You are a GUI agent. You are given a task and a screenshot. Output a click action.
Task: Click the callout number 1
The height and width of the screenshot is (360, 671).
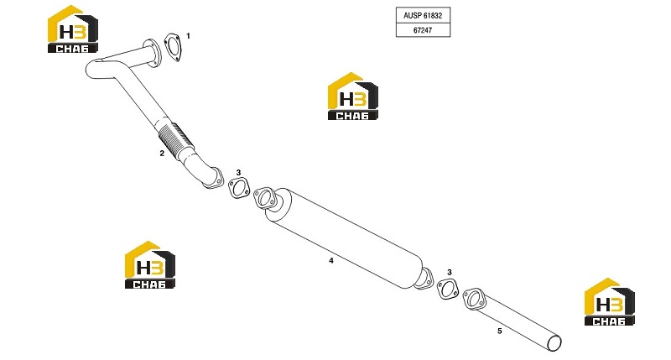point(188,36)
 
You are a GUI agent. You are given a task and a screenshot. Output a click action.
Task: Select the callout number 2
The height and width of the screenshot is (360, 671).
point(162,154)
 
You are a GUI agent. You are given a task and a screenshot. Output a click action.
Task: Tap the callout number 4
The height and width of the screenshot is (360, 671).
point(330,260)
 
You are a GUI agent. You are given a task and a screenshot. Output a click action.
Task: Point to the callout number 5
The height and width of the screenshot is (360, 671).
point(499,331)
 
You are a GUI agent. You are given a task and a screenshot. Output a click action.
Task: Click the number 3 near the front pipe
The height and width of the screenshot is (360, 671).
point(238,173)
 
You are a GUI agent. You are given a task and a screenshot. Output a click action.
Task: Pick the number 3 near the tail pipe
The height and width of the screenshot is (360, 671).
point(450,272)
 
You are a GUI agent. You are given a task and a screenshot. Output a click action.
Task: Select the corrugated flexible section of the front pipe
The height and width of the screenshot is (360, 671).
point(174,139)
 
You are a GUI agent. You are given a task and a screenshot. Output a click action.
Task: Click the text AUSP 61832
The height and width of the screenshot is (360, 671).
point(423,15)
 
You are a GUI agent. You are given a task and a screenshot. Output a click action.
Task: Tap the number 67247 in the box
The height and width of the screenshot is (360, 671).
point(423,30)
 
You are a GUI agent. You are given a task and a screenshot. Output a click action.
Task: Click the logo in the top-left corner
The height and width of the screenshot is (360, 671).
point(73,29)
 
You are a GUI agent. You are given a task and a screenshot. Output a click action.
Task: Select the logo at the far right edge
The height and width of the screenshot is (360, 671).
point(610,302)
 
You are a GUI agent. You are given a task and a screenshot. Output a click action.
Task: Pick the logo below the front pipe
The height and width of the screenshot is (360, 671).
point(150,265)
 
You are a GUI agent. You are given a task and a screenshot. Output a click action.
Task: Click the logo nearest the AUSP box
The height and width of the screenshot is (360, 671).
point(352,97)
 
